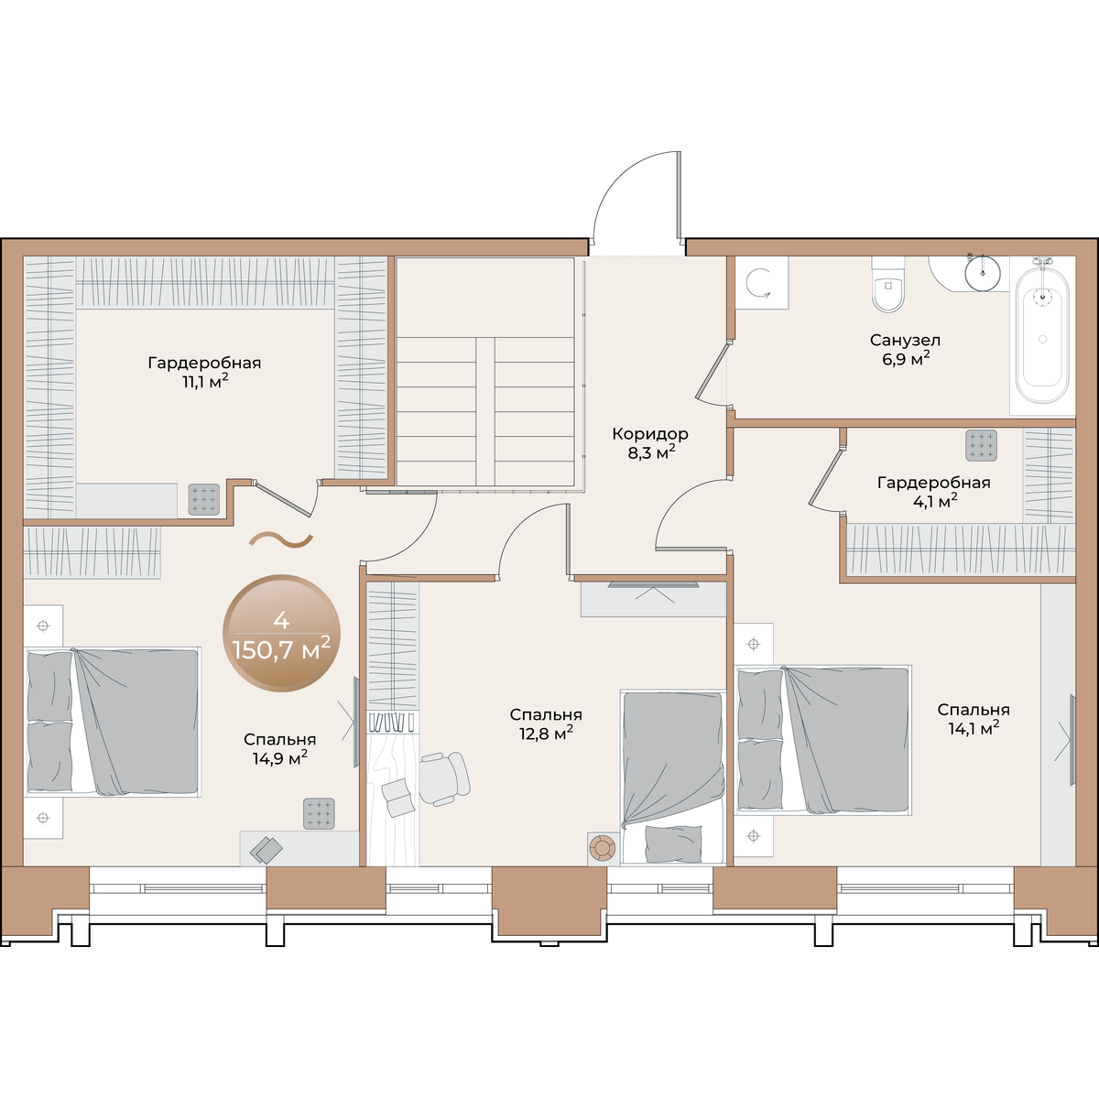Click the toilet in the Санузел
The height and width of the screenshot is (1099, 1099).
(x=887, y=284)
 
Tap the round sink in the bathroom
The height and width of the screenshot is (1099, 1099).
(x=984, y=273)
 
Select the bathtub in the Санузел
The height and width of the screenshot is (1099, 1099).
(x=1042, y=335)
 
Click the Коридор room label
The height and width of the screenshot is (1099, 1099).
(x=650, y=434)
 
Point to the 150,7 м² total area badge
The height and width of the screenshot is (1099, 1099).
(x=281, y=633)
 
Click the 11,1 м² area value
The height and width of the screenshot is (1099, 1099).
(x=205, y=381)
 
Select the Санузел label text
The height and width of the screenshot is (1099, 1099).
(x=905, y=341)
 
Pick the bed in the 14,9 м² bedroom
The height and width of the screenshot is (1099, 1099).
(x=113, y=722)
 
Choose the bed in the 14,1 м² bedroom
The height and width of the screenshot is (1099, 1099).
(x=823, y=740)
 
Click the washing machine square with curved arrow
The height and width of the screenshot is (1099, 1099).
(x=761, y=283)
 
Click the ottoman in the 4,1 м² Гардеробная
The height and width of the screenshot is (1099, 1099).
(x=982, y=445)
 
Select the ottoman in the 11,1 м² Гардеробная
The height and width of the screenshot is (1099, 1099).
(x=203, y=500)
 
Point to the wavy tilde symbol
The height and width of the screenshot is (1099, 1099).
(x=280, y=539)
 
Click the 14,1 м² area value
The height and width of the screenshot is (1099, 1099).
(x=974, y=728)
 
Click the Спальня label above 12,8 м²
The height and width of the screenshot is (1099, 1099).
(x=546, y=714)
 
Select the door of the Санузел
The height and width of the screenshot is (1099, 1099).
(x=713, y=371)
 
